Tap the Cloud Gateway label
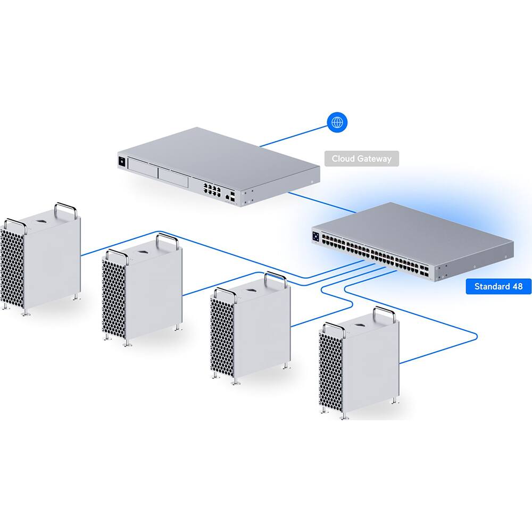(x=361, y=159)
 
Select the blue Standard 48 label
(x=498, y=287)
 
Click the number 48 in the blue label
(x=517, y=287)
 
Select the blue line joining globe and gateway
(x=295, y=137)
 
